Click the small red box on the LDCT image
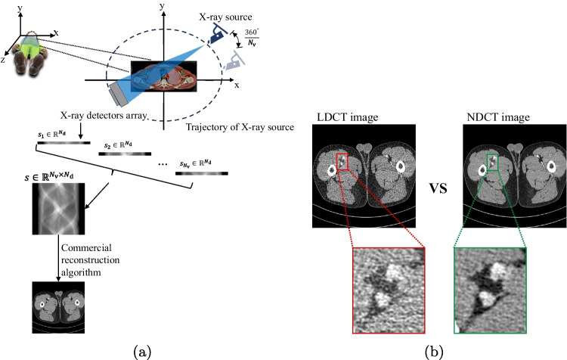tap(343, 162)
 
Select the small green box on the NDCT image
tap(494, 162)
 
